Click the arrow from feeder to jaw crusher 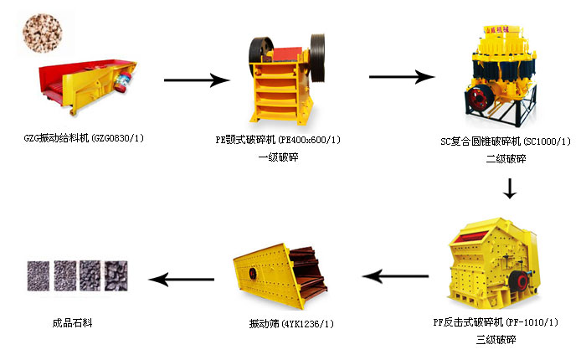[197, 80]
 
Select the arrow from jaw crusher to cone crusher [402, 76]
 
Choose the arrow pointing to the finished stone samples [179, 278]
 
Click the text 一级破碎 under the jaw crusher [278, 157]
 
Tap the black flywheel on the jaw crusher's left [260, 51]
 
